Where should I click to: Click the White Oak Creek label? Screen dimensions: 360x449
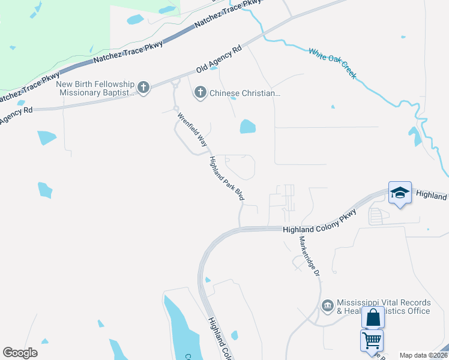point(333,64)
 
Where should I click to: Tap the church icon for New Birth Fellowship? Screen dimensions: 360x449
point(143,88)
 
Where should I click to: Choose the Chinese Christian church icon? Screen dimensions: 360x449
point(200,93)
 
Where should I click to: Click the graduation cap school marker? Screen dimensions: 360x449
point(400,193)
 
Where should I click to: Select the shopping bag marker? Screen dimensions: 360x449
point(373,317)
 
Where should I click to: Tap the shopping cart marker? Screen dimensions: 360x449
point(372,340)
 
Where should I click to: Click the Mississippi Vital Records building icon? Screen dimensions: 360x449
point(327,306)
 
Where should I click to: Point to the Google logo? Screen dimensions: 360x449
point(20,353)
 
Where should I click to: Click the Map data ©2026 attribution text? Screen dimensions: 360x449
point(424,355)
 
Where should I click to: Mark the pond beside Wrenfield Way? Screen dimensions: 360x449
point(247,127)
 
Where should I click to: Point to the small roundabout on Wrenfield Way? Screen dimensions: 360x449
point(176,109)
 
